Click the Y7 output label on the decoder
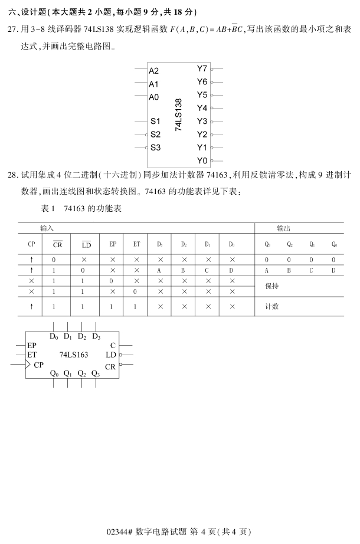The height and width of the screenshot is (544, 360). coord(202,69)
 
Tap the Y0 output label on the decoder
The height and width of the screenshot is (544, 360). coord(202,160)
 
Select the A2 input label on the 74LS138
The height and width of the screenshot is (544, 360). coord(153,71)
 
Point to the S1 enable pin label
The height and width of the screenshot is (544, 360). coord(155,122)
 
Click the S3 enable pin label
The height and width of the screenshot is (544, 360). coord(155,148)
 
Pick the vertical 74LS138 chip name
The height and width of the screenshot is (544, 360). coord(179,114)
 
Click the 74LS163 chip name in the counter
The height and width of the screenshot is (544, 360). coord(74,355)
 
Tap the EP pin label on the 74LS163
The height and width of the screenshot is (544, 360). coord(32,345)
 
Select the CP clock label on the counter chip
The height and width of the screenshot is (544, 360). coord(39,365)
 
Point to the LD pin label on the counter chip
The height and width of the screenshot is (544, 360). coord(110,355)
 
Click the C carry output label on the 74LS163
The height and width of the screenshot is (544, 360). coord(113,345)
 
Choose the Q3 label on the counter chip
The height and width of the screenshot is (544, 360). coord(96,373)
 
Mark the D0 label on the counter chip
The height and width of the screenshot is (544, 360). coord(54,336)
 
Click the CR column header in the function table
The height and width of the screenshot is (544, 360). coord(57,244)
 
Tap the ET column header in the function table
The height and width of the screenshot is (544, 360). coord(136,244)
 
